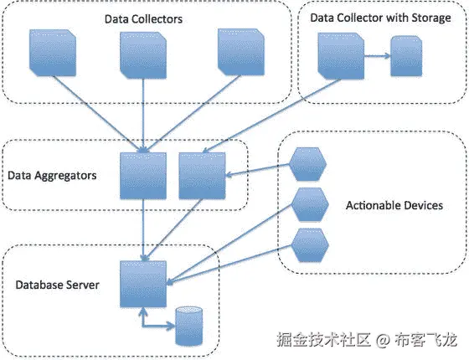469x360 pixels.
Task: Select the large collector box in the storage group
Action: tap(338, 57)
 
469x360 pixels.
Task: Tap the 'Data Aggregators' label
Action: tap(52, 176)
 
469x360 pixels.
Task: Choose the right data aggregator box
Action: tap(202, 177)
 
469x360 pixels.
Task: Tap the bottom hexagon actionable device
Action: tap(307, 246)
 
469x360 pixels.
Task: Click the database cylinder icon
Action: tap(189, 327)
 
